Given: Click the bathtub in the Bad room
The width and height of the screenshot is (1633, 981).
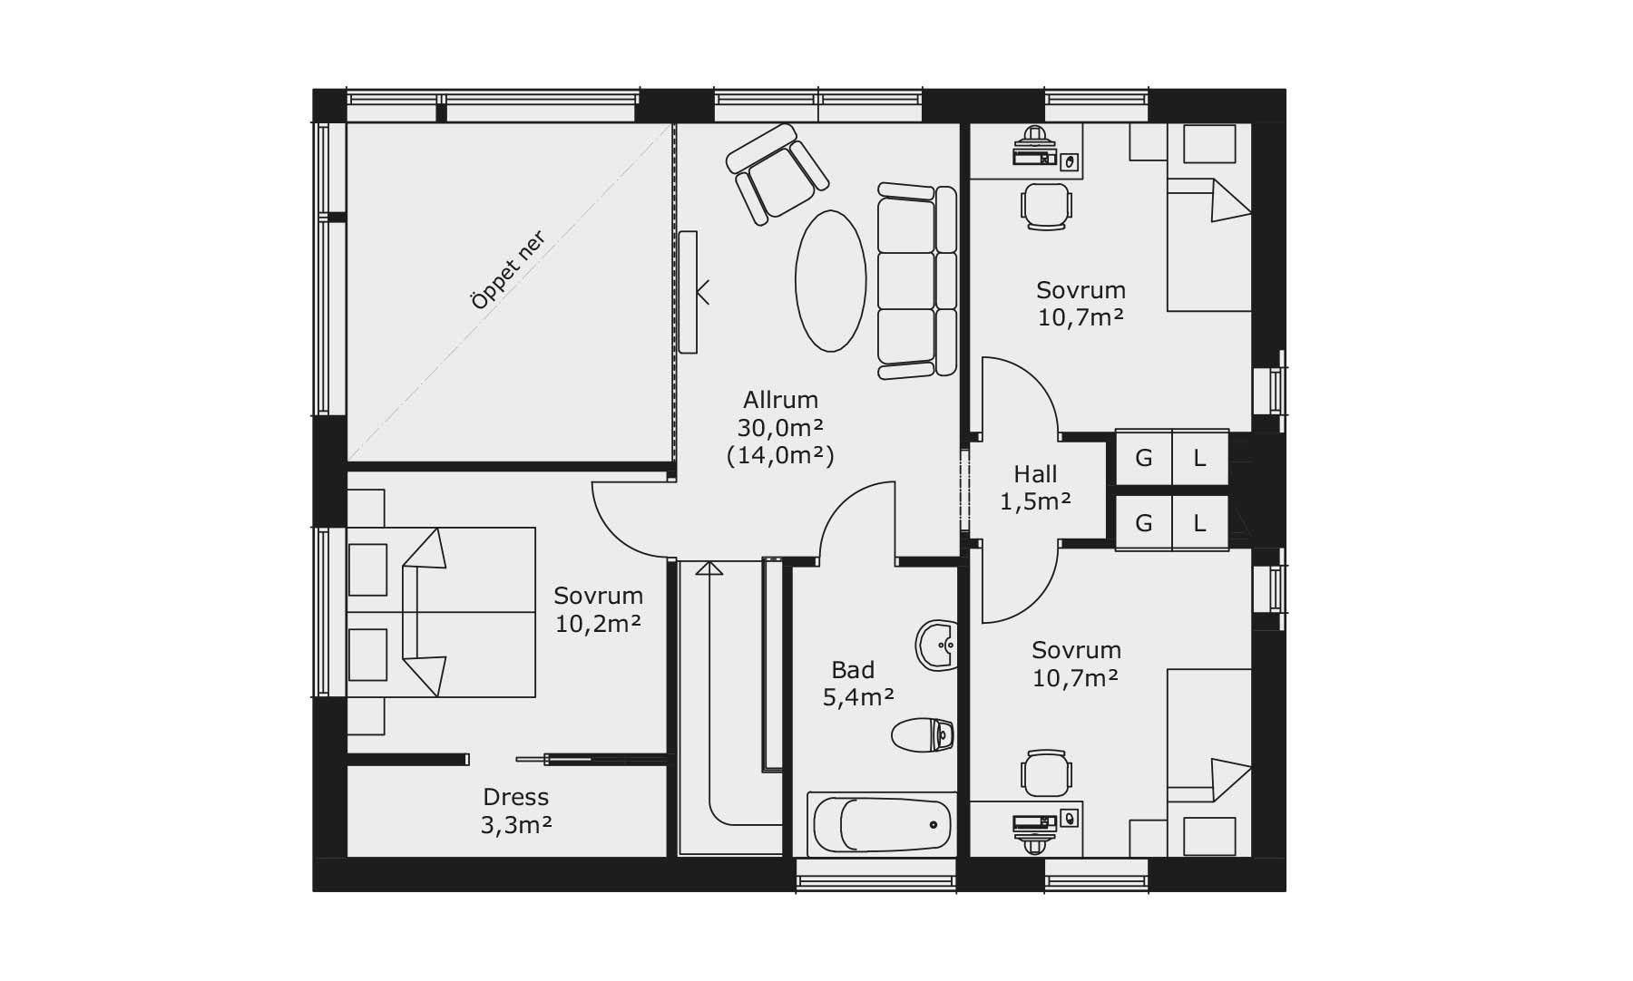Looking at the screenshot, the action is click(881, 824).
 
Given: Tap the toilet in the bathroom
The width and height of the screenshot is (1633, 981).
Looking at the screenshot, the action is click(924, 734).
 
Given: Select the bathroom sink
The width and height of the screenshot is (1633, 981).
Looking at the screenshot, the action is click(937, 646).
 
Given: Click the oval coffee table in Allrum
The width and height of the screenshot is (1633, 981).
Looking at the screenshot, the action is click(830, 280).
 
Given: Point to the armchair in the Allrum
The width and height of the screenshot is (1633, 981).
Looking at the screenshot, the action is click(777, 173).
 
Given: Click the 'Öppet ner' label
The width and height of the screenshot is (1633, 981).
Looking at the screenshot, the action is click(508, 271).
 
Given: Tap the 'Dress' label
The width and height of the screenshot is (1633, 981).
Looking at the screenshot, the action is click(516, 797).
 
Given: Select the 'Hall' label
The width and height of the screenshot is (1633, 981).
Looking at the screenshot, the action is click(1035, 473).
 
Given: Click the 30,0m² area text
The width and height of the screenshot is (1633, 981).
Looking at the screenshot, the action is click(780, 428).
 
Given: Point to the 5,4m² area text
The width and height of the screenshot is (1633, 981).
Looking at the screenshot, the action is click(858, 697).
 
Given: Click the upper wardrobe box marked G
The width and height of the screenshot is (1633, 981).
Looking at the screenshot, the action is click(1144, 458).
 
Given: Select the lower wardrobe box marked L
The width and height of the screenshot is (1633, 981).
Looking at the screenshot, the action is click(1200, 523).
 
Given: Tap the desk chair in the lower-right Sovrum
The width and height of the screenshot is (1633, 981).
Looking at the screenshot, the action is click(1046, 773).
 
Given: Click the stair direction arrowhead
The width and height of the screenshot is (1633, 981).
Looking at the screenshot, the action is click(709, 568).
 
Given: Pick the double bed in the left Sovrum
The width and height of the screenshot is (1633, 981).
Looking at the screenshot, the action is click(441, 612).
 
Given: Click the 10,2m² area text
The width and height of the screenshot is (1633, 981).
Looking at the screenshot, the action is click(598, 624).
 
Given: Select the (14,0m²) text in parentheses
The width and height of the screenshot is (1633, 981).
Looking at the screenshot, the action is click(780, 455).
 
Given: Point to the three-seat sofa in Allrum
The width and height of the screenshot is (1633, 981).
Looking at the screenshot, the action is click(916, 281).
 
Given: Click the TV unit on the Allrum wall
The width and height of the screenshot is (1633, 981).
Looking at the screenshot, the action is click(688, 292).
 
